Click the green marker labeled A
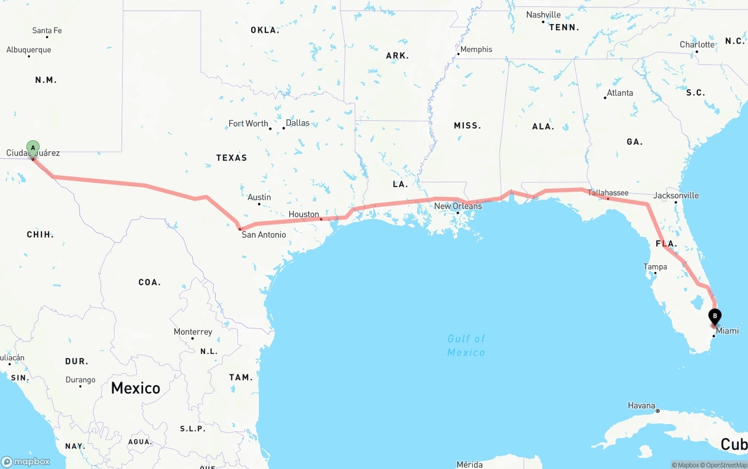point(33,148)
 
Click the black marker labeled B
point(715,316)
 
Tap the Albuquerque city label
point(29,50)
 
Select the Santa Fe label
point(47,30)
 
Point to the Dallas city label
point(297,123)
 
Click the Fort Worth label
point(248,124)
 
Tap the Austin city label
point(259,197)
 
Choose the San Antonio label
point(264,235)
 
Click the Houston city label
point(304,214)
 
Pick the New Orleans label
point(458,206)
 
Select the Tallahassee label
point(608,193)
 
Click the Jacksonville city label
point(676,196)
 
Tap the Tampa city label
point(655,267)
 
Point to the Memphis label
point(476,50)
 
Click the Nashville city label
point(543,15)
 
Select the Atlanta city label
point(619,93)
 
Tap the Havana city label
point(641,405)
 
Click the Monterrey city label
point(193,332)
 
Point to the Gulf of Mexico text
point(466,345)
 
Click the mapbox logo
point(26,461)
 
